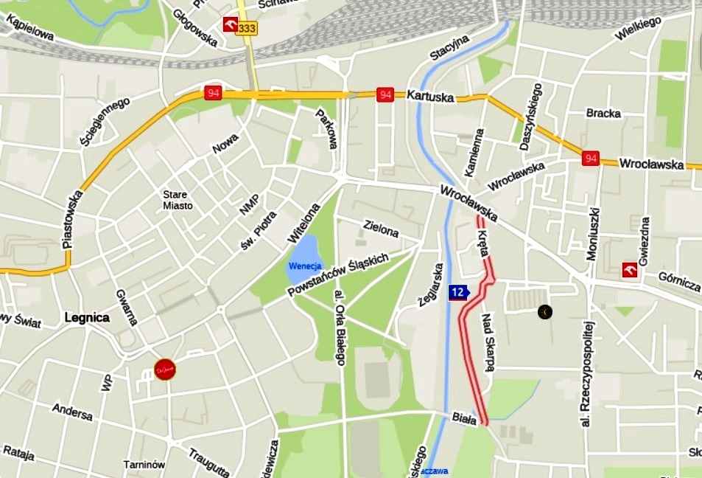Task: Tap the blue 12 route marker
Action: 458,292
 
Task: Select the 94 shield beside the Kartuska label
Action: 385,94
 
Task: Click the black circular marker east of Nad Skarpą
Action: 544,312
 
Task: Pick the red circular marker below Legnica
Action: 165,369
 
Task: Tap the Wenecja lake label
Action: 305,266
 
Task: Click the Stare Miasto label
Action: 178,201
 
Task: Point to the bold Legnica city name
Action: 87,318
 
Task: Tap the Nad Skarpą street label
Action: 488,342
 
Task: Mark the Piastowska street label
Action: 72,220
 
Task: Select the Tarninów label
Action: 144,465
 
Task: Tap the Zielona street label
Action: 382,229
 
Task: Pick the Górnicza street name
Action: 679,281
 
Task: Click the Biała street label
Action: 465,419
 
